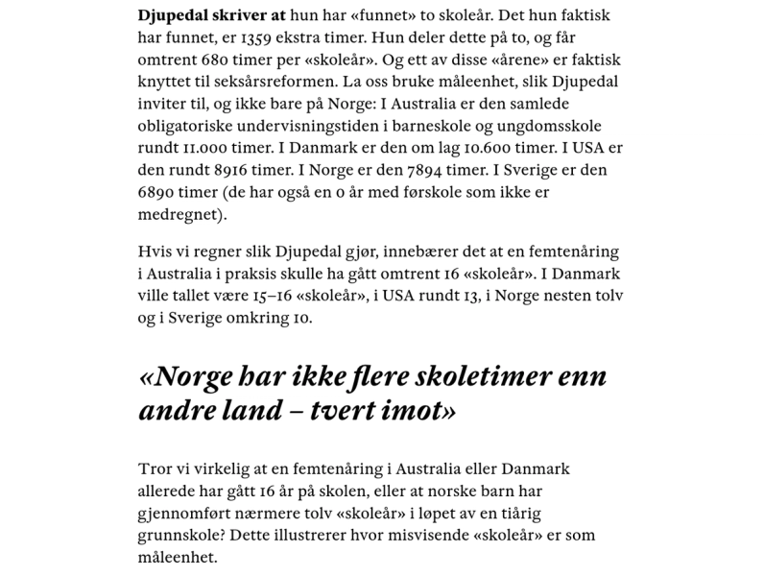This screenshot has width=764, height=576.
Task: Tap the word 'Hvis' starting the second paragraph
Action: coord(155,252)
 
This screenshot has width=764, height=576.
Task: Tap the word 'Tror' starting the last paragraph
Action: coord(155,470)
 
